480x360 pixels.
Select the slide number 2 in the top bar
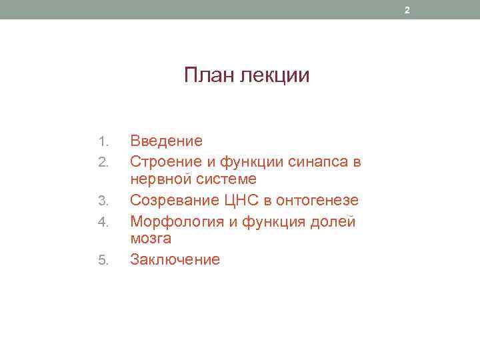pyautogui.click(x=408, y=9)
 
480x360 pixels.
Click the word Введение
pyautogui.click(x=166, y=141)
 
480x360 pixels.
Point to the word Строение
pyautogui.click(x=162, y=161)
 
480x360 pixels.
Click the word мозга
pyautogui.click(x=151, y=239)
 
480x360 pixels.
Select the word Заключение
pyautogui.click(x=175, y=259)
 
